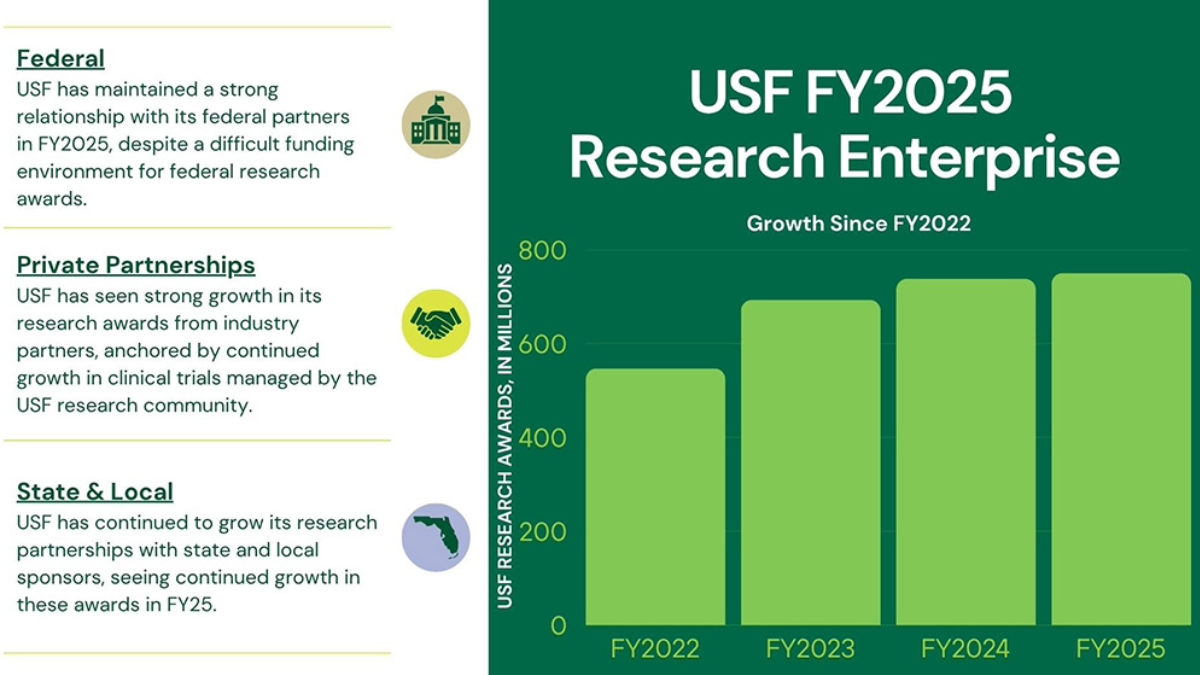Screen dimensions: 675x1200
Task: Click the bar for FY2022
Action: tap(655, 497)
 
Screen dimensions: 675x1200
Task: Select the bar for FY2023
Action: tap(810, 463)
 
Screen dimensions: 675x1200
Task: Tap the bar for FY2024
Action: tap(965, 452)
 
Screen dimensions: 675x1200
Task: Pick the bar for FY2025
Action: tap(1120, 449)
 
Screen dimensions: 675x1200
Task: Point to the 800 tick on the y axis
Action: tap(541, 250)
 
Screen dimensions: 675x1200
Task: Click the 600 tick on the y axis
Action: tap(541, 344)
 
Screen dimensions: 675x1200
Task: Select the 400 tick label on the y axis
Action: tap(541, 438)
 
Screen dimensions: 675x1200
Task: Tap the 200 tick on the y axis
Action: tap(541, 532)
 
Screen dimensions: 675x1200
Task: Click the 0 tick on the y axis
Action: tap(557, 626)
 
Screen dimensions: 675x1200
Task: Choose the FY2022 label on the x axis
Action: tap(655, 649)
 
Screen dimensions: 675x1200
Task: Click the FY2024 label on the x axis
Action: tap(965, 649)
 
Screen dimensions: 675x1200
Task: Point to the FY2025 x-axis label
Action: tap(1120, 649)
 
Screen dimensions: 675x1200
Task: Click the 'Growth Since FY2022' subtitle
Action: tap(859, 223)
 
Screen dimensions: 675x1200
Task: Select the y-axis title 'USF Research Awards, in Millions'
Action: tap(505, 436)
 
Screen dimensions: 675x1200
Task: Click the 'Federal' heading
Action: tap(60, 58)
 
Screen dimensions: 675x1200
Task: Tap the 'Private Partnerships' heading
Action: tap(136, 265)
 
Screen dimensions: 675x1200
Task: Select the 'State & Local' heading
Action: tap(95, 491)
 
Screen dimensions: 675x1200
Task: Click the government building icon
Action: tap(436, 124)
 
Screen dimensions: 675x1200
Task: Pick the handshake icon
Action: tap(436, 323)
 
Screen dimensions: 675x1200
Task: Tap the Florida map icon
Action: tap(436, 537)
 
